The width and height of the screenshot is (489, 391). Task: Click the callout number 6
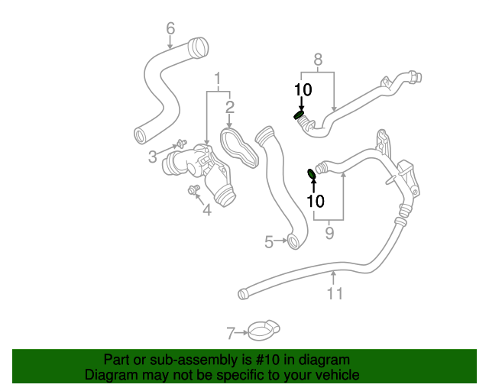coord(170,28)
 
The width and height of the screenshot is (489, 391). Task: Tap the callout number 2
coord(230,107)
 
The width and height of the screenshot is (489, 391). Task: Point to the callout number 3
coord(153,157)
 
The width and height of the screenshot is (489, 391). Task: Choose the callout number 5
coord(269,242)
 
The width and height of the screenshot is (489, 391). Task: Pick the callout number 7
coord(231,333)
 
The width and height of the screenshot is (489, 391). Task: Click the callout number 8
coord(318,60)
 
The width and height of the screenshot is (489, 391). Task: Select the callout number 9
coord(329,233)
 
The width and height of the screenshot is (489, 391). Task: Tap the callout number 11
coord(335,293)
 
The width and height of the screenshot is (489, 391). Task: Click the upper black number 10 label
coord(303,90)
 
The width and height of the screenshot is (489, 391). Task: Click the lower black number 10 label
coord(316,201)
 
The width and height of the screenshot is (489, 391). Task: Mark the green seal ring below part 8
coord(299,115)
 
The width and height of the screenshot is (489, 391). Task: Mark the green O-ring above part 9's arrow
coord(312,174)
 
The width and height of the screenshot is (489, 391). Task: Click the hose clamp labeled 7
coord(264,331)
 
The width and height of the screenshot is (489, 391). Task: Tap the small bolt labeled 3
coord(182,143)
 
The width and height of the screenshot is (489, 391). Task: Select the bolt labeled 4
coord(193,189)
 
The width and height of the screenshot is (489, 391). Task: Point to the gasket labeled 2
coord(239,148)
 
